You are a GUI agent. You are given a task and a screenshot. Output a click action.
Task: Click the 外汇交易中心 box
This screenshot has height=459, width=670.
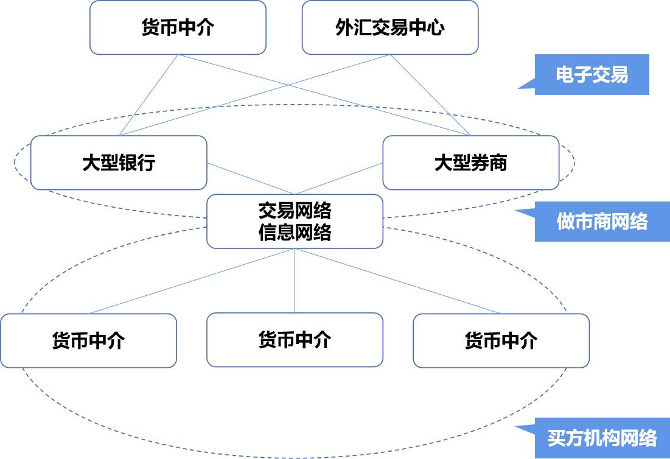coord(389,27)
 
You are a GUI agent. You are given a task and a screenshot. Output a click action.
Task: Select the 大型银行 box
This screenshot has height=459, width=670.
coord(119,163)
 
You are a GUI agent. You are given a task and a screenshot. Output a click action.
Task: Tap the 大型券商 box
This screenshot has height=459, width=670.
coord(471,163)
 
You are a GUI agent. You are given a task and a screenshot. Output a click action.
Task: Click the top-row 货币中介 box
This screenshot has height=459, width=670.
coord(178,27)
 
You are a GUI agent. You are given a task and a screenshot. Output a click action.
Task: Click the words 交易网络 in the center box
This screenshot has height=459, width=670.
coord(295,210)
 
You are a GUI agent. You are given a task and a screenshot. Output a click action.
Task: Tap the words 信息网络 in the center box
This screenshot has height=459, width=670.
coord(295,232)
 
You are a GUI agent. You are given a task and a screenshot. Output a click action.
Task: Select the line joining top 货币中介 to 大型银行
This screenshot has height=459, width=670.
coord(148,95)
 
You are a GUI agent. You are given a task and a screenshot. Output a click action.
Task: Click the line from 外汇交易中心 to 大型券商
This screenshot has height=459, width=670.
coord(430,95)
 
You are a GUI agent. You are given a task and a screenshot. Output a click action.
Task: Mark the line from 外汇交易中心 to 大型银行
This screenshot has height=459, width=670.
coord(254,95)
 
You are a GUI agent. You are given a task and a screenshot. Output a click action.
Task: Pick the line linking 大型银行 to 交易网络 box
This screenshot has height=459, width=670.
coord(251,178)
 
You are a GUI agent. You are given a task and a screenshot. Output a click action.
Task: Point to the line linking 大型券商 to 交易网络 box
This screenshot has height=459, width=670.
coord(339,178)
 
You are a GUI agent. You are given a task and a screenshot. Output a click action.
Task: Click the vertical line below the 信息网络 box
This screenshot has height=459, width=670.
coord(295,281)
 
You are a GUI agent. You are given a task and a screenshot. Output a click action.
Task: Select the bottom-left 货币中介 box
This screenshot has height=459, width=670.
coord(88,341)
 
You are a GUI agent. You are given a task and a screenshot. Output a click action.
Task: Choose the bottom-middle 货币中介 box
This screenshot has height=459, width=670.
coord(295,340)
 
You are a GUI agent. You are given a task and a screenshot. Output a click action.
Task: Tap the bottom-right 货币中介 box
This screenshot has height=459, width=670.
coord(501,341)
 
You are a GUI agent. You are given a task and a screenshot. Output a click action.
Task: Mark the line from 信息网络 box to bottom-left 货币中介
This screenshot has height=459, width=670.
coord(192,281)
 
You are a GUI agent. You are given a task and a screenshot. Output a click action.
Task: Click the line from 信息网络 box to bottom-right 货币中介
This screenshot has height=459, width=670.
coord(398,281)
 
